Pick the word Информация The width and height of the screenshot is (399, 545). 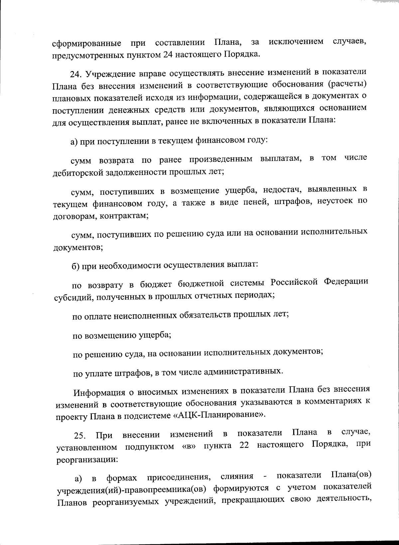click(x=99, y=392)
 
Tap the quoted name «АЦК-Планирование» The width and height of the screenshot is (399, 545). click(x=220, y=415)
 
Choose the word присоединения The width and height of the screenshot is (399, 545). click(x=180, y=478)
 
